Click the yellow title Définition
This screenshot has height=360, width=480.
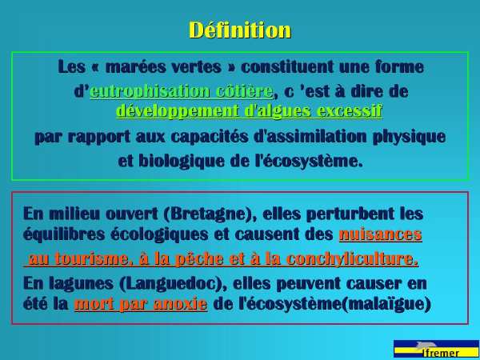pos(240,30)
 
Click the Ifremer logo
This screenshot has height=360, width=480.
pos(436,349)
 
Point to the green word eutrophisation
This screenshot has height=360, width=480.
pos(150,91)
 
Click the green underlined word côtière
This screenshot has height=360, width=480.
pos(244,91)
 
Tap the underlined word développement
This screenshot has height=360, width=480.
pos(178,111)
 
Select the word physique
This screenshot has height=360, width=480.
pos(409,138)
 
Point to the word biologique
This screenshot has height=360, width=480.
pos(182,162)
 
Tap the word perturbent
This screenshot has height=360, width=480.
pos(350,214)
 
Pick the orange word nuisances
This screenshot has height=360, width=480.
pos(381,234)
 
